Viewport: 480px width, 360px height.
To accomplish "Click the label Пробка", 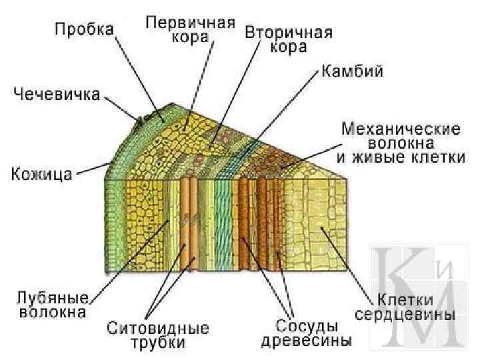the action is [x=84, y=30].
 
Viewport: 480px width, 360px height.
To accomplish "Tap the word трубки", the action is [x=158, y=343].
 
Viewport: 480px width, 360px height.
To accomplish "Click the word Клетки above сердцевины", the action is [x=405, y=298].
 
